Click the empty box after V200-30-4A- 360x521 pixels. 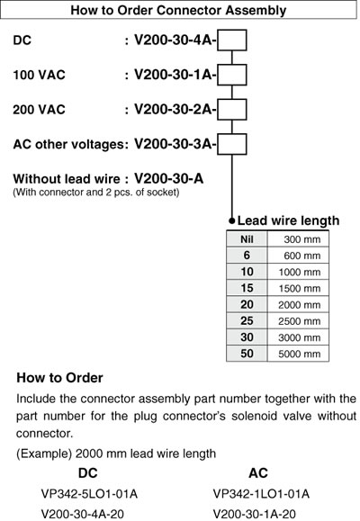point(232,40)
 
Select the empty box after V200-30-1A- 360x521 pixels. point(232,75)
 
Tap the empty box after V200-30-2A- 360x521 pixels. point(232,109)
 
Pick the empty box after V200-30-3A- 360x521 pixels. point(232,144)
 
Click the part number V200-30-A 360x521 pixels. point(168,179)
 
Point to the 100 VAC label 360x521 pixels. point(39,75)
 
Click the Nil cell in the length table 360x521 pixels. point(247,238)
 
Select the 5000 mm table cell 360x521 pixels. point(298,354)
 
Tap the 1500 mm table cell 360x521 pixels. point(298,288)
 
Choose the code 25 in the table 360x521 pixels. point(247,320)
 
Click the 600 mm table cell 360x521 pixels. point(298,256)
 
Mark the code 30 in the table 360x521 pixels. point(247,337)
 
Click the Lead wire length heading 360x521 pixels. point(288,220)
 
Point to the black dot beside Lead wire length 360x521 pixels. point(232,220)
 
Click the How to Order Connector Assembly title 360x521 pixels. point(178,10)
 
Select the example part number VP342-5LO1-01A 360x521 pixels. point(89,494)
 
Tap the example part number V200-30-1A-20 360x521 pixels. point(255,514)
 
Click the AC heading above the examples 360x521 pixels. point(258,472)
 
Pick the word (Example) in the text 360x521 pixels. point(44,454)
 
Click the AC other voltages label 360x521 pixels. point(70,144)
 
